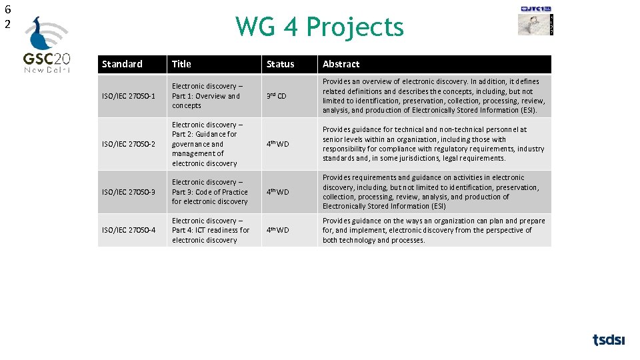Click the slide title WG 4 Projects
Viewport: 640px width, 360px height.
click(319, 27)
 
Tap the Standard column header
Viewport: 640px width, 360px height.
click(123, 64)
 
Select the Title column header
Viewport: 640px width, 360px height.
click(181, 64)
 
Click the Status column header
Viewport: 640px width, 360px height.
click(280, 64)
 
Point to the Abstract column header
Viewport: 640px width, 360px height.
click(341, 64)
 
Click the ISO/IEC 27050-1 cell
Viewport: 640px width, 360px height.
click(129, 96)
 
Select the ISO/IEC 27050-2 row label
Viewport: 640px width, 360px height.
click(129, 144)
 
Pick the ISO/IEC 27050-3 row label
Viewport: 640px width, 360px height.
click(129, 192)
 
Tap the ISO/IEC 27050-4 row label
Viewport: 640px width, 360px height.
click(129, 230)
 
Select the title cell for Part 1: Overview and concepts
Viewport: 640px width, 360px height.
click(206, 96)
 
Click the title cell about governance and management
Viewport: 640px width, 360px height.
click(207, 144)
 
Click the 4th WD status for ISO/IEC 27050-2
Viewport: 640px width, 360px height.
click(278, 144)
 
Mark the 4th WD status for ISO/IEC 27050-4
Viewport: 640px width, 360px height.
click(278, 230)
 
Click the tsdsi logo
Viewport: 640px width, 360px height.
click(609, 340)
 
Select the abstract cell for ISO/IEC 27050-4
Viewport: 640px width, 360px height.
click(433, 230)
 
